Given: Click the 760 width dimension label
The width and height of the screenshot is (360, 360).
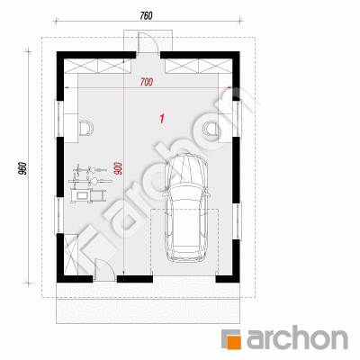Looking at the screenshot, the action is click(146, 15).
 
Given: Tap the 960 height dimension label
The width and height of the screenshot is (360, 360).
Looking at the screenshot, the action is click(24, 168).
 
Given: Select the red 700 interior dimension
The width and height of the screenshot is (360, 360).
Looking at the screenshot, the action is click(147, 82).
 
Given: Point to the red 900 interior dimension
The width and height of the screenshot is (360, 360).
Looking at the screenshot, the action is click(118, 168).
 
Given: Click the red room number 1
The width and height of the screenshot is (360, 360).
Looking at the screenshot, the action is click(162, 119).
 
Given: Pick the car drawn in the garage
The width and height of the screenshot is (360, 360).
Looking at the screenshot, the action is click(186, 208).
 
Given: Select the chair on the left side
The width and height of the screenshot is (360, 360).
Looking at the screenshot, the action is click(86, 129).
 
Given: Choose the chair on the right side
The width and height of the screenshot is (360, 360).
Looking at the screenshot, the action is click(210, 129).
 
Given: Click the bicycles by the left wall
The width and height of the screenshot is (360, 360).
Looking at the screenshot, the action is click(89, 175).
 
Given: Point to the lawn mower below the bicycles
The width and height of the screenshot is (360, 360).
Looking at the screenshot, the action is click(88, 195).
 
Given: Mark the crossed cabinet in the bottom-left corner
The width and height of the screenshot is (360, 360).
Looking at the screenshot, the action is click(71, 255).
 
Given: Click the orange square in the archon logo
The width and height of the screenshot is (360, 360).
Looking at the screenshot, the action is click(233, 341).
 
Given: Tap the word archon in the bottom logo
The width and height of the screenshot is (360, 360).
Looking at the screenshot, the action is click(297, 339).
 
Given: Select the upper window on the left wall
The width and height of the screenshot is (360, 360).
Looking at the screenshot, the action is click(58, 119).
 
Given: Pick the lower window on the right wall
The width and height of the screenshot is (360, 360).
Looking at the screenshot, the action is click(237, 220).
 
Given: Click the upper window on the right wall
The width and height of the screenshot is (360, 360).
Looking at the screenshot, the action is click(237, 118).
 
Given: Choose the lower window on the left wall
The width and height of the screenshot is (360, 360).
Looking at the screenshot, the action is click(58, 215).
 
